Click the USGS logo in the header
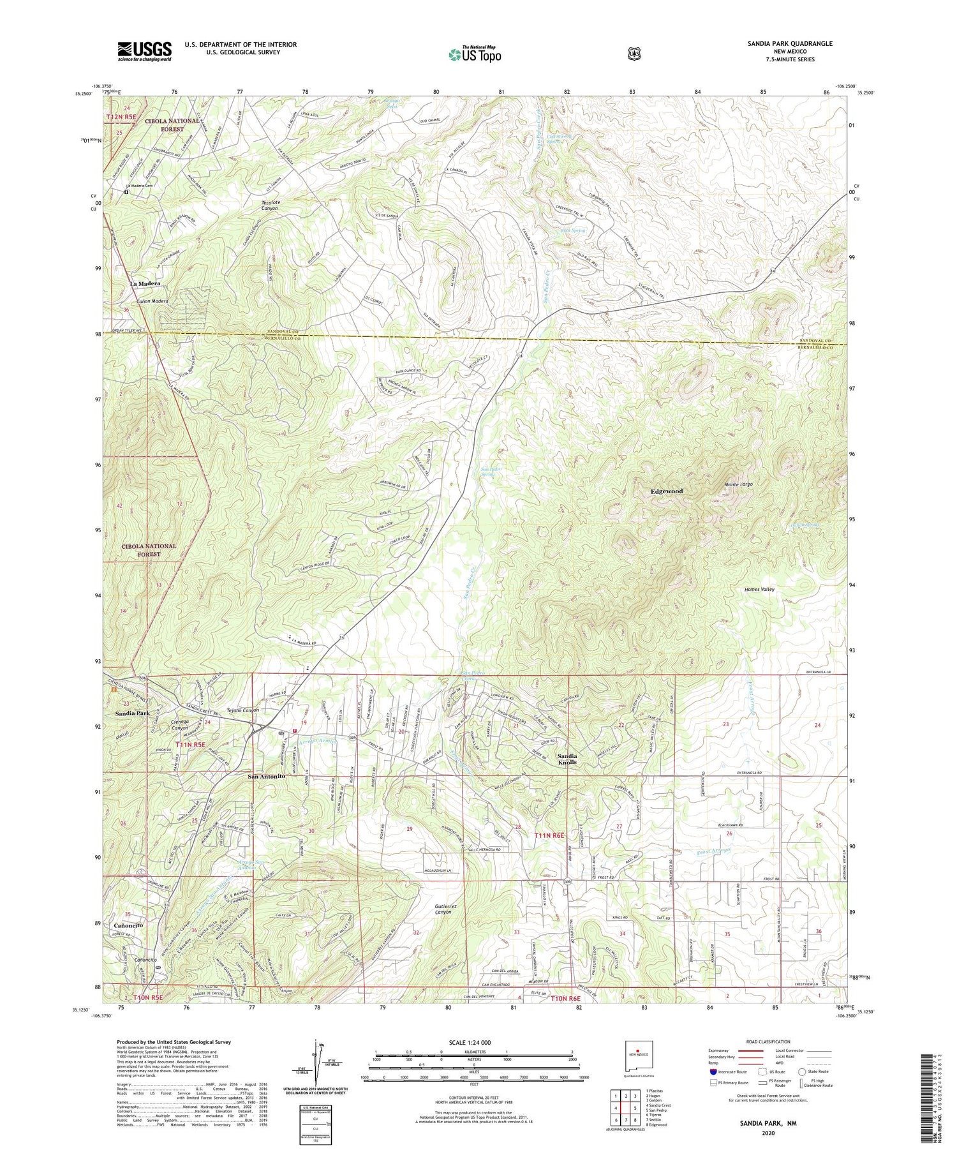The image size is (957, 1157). (144, 50)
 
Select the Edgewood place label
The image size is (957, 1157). (667, 491)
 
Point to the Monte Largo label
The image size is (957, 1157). (738, 484)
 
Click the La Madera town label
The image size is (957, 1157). (145, 283)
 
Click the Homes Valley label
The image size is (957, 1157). (759, 590)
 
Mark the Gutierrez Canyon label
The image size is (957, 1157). (439, 908)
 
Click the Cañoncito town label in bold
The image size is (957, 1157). (128, 924)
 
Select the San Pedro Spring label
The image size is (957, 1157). (491, 472)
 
